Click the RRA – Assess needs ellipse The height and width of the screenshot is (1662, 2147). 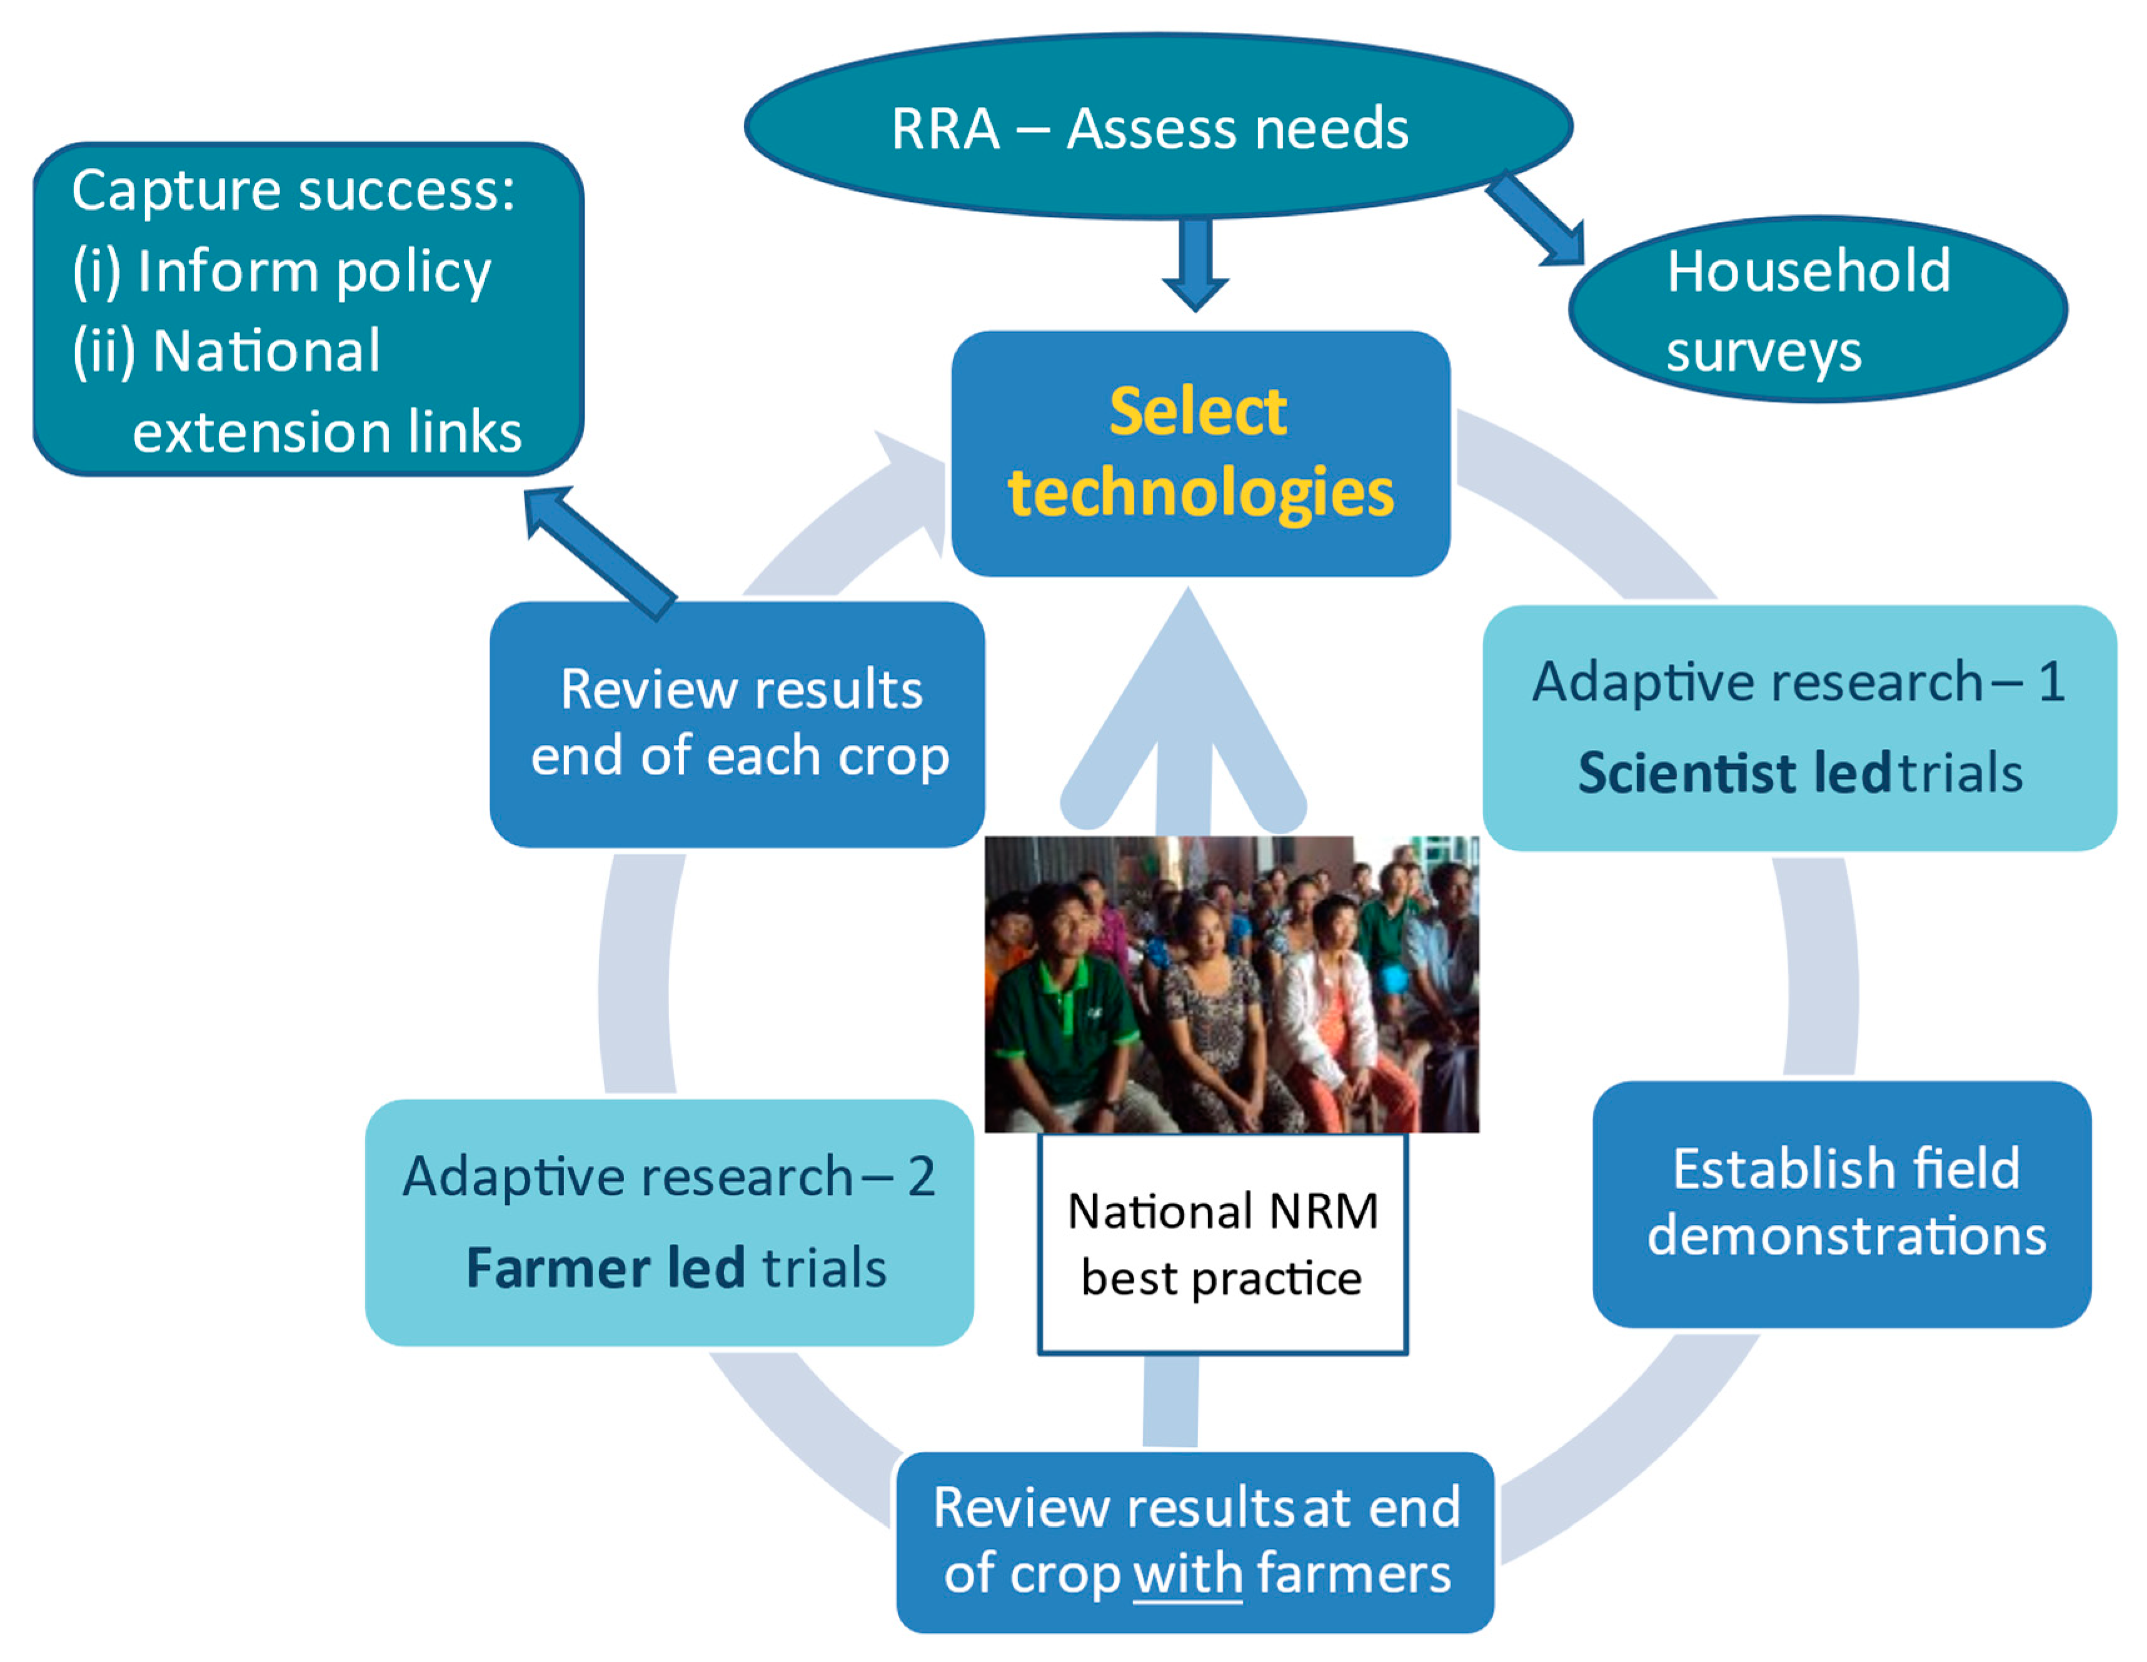point(1157,128)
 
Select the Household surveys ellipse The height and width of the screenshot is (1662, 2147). point(1817,309)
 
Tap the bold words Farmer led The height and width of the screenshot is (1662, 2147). point(605,1268)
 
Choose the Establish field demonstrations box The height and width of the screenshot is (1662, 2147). point(1841,1204)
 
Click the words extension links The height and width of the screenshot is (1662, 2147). point(326,433)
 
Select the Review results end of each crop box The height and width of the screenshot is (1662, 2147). point(737,724)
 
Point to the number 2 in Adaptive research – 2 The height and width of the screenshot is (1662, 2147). point(920,1176)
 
